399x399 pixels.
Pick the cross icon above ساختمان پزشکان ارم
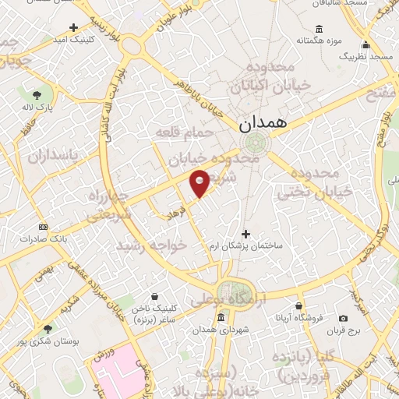[x=246, y=233]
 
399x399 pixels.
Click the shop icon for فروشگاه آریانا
[x=299, y=305]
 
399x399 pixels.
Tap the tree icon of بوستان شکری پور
[x=48, y=330]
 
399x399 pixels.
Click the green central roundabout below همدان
[x=254, y=143]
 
